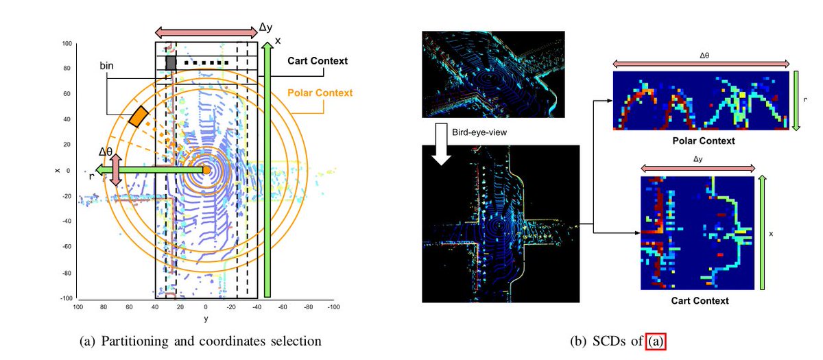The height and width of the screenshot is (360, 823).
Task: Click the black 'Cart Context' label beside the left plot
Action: click(x=318, y=61)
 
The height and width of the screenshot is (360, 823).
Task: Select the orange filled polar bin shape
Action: click(x=139, y=116)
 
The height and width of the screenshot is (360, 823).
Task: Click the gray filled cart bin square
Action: click(x=171, y=62)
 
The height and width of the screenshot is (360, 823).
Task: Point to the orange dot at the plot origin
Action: click(x=206, y=170)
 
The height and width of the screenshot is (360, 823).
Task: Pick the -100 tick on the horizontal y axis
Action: click(x=334, y=308)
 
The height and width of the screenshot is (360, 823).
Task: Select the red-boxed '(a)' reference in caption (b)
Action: click(x=656, y=340)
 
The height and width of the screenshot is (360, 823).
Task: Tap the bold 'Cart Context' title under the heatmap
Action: click(x=699, y=300)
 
